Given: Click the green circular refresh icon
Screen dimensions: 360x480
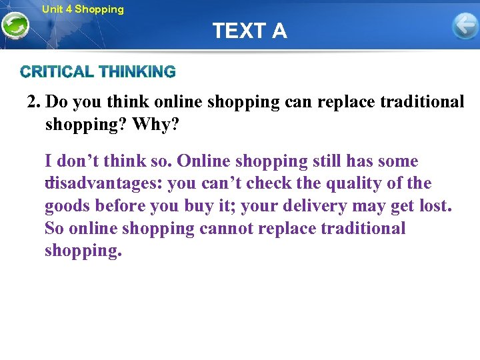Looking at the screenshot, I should [x=15, y=26].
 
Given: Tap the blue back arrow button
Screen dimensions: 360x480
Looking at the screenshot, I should [x=465, y=27].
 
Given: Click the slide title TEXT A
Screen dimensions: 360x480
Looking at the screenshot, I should [x=249, y=31].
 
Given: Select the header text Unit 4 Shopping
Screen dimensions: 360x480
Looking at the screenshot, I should [x=83, y=9].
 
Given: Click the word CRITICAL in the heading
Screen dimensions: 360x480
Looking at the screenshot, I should [x=57, y=71].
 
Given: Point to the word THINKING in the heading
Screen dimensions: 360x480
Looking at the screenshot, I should [x=137, y=71].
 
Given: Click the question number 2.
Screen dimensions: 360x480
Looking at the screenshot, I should [x=33, y=102].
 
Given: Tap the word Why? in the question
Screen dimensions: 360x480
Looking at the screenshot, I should [x=155, y=125].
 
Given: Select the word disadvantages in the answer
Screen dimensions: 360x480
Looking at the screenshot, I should [x=103, y=183].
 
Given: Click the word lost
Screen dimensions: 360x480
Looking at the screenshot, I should [x=433, y=206].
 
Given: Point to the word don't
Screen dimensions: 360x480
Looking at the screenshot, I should [x=79, y=161].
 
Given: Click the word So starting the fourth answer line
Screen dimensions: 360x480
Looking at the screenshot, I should [x=54, y=229].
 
